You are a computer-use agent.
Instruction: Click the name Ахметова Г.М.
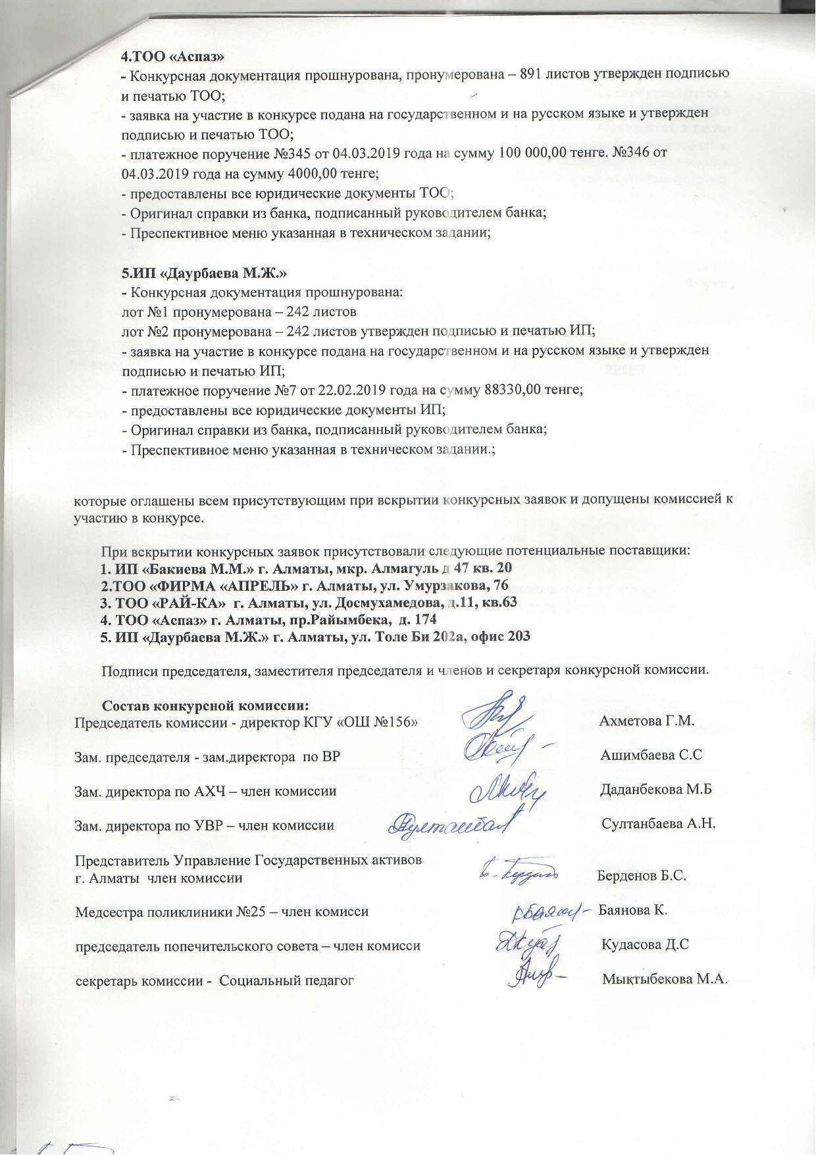(x=647, y=720)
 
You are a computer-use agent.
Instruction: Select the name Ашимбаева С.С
(x=651, y=755)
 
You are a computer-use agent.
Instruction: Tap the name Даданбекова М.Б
(x=656, y=790)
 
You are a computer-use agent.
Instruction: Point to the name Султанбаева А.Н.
(x=658, y=824)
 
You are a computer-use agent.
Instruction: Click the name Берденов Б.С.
(x=642, y=876)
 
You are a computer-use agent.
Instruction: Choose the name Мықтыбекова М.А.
(x=665, y=979)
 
